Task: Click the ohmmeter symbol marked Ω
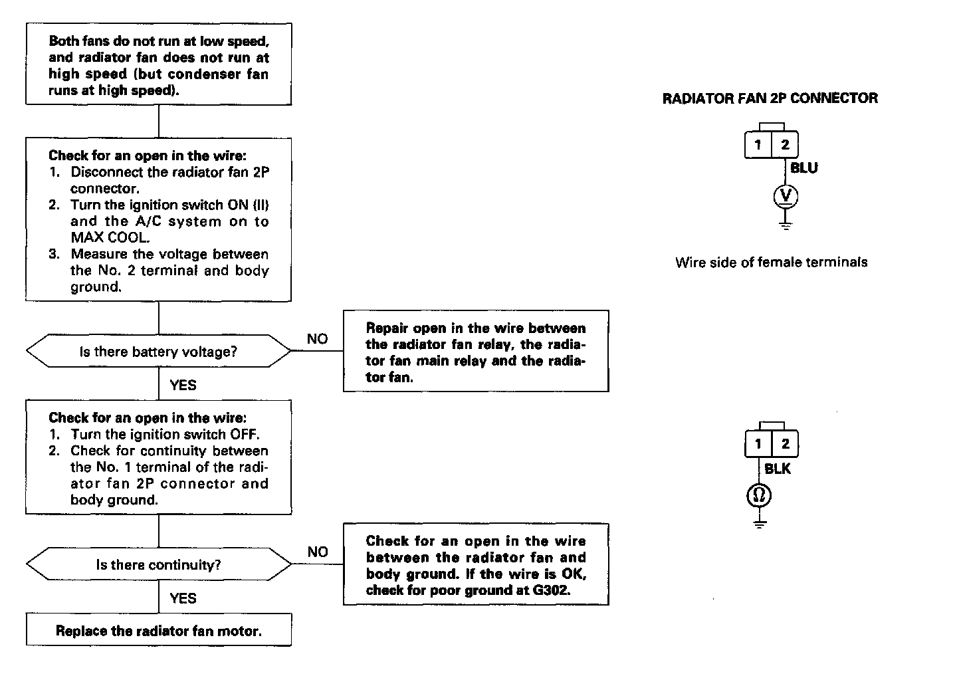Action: [x=760, y=495]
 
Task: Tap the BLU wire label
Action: [x=804, y=168]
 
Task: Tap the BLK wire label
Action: [x=778, y=469]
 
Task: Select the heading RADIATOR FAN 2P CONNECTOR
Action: [x=770, y=98]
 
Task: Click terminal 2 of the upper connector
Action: [x=785, y=145]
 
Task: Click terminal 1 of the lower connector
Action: [x=758, y=444]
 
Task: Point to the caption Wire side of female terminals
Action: [x=771, y=263]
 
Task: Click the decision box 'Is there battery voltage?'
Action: [x=158, y=352]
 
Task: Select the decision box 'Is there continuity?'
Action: [x=158, y=565]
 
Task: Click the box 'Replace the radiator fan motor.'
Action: [x=158, y=631]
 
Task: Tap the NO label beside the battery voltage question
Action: [x=317, y=339]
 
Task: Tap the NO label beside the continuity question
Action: [x=318, y=552]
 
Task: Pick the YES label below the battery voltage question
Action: [x=183, y=385]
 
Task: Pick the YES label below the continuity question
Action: [x=183, y=598]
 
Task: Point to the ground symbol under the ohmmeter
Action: [x=760, y=524]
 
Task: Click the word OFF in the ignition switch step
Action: [x=243, y=435]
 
